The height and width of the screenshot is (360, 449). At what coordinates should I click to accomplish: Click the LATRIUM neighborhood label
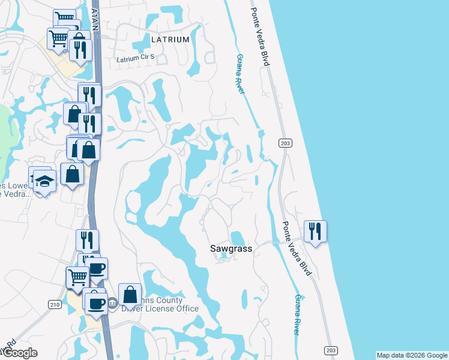click(170, 39)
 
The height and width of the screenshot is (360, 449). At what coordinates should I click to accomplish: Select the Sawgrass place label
click(231, 248)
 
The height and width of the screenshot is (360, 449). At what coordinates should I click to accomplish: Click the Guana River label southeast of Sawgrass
click(296, 314)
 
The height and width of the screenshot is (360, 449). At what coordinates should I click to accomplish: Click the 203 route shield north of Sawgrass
click(285, 142)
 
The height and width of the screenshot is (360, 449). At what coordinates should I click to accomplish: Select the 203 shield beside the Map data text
click(331, 350)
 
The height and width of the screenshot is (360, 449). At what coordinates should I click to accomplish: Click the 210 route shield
click(55, 305)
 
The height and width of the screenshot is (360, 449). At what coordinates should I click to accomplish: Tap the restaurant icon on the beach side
click(315, 230)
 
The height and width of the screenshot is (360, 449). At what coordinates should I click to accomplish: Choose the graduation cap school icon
click(44, 181)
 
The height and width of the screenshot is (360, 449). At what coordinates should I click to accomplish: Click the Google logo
click(19, 353)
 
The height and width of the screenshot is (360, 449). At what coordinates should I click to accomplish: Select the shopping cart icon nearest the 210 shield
click(77, 277)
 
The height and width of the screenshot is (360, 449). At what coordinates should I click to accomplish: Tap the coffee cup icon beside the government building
click(95, 303)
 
